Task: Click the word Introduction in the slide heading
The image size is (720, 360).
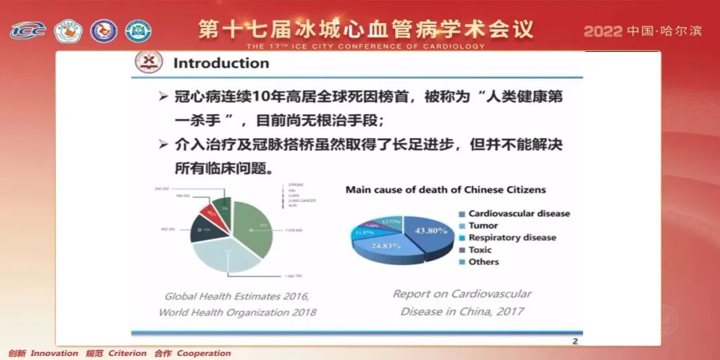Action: (221, 63)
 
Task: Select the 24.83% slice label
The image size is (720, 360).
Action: (385, 246)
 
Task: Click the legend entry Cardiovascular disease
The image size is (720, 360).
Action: (519, 214)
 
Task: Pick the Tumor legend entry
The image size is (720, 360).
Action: (483, 226)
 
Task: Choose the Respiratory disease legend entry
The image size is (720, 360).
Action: (512, 238)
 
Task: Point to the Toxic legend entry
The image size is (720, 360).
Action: (480, 250)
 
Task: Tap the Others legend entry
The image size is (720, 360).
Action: (483, 262)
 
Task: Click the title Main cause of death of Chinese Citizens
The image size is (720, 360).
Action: (446, 190)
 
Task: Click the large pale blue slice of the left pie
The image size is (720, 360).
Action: (227, 256)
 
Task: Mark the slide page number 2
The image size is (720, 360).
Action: (575, 341)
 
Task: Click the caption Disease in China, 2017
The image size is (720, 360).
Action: (462, 311)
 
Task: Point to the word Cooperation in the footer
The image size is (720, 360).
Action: (204, 353)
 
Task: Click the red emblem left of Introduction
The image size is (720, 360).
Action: (149, 63)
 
